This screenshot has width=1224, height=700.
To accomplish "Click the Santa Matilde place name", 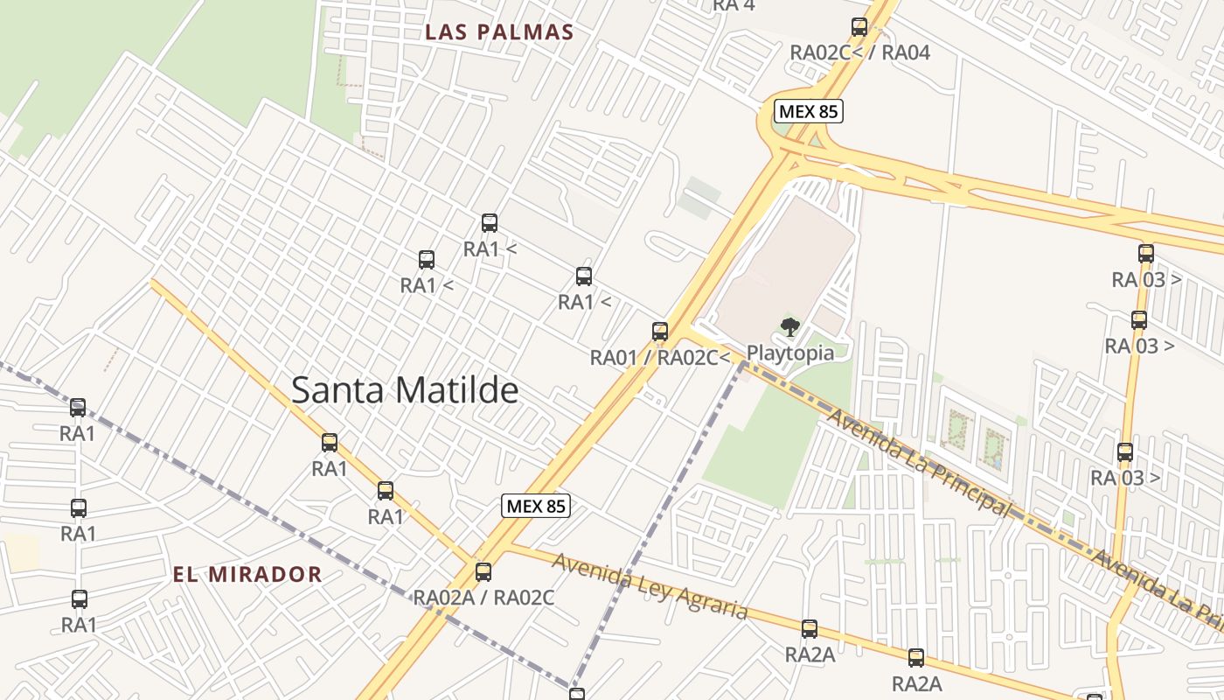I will [x=405, y=390].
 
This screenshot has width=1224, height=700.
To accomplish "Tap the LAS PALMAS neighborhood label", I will [x=499, y=32].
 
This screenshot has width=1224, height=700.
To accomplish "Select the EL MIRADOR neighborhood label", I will [x=247, y=575].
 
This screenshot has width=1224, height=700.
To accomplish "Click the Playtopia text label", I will [x=789, y=353].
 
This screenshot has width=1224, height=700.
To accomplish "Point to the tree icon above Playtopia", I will [x=790, y=328].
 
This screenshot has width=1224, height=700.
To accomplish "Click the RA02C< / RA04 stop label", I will [x=859, y=52].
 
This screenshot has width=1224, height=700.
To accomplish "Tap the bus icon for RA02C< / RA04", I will [x=859, y=27].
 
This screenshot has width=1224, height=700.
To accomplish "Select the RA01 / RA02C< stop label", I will [x=659, y=357].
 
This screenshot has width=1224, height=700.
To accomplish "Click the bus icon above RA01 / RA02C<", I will [x=660, y=332].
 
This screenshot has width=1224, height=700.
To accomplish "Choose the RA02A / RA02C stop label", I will [x=483, y=598].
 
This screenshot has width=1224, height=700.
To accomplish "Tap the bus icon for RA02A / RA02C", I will [x=483, y=572].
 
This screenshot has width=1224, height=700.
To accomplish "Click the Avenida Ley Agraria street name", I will [x=650, y=586].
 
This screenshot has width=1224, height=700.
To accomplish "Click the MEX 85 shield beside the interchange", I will [x=808, y=111].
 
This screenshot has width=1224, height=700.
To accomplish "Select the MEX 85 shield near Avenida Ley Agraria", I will [x=536, y=506].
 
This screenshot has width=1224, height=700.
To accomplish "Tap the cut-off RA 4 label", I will [x=734, y=5].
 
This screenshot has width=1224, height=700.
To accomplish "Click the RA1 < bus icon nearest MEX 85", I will [x=584, y=276].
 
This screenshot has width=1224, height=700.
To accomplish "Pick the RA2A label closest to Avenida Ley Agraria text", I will [x=810, y=654].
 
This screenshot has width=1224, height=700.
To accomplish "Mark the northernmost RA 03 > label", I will [x=1146, y=280].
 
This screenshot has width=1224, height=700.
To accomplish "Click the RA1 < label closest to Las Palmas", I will [x=490, y=249].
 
